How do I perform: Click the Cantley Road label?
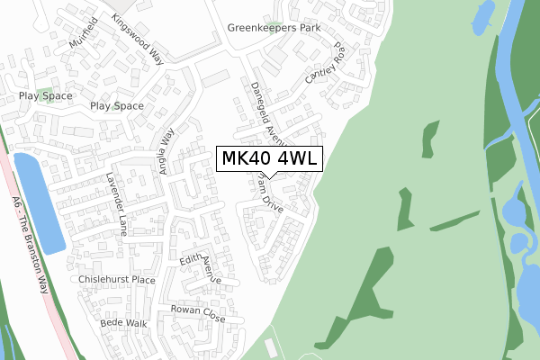coord(326,64)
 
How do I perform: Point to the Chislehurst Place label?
coord(117,280)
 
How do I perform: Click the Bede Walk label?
coord(123,322)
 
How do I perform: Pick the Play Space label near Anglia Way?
coord(116,105)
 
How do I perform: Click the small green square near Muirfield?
coord(51,94)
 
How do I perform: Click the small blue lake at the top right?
coord(481,12)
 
